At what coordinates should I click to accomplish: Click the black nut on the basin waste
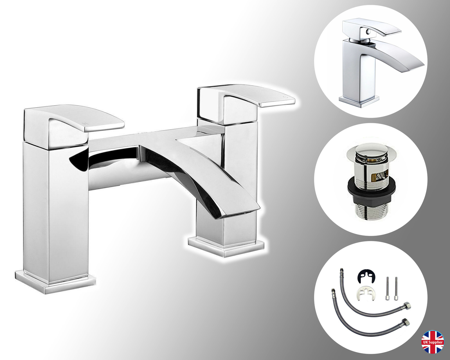coord(371,194)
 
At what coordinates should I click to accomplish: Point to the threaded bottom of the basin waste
coord(371,210)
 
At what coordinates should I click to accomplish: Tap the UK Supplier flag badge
coord(433,342)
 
